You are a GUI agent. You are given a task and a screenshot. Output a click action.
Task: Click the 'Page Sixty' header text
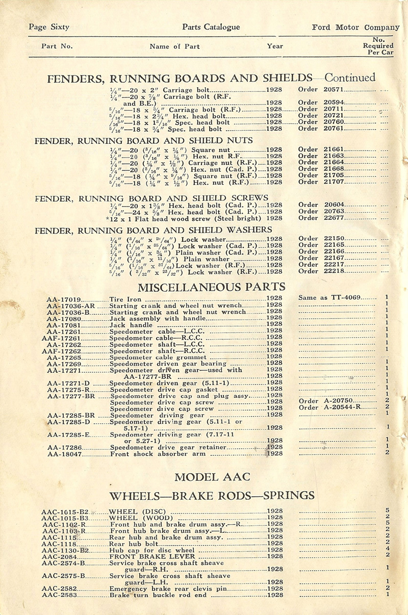point(49,27)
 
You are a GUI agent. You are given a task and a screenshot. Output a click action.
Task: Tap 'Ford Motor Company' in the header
point(355,27)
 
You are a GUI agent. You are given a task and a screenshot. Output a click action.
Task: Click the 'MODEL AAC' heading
point(212,477)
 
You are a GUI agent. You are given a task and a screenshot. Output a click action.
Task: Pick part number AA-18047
point(64,452)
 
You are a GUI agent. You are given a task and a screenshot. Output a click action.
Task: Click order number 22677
point(335,218)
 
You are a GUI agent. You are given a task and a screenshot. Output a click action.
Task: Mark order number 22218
point(335,271)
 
